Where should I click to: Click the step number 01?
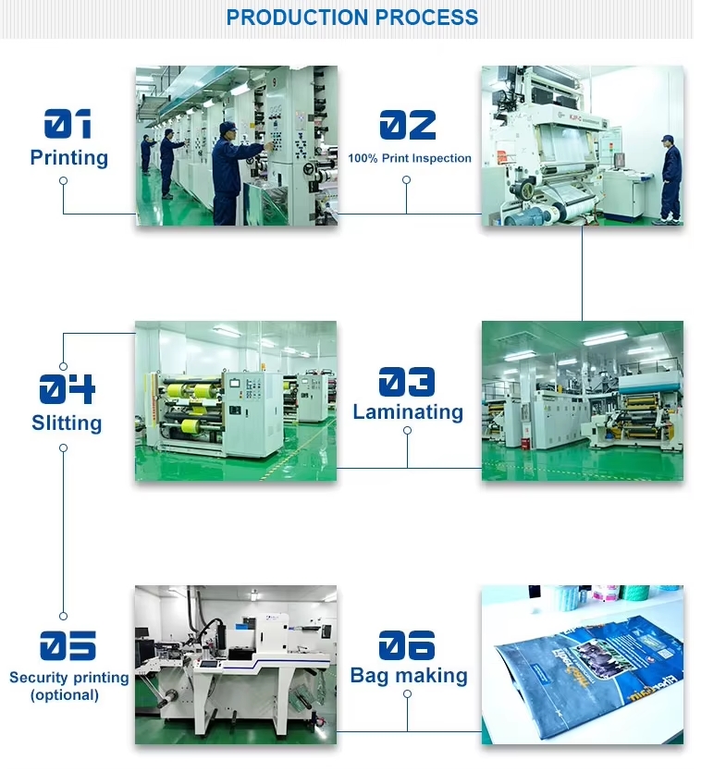click(x=68, y=124)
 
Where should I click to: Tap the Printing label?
click(x=69, y=157)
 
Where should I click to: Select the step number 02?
click(x=408, y=125)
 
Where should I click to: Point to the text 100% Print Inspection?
click(x=410, y=158)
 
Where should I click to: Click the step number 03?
click(x=407, y=382)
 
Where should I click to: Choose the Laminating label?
click(x=408, y=412)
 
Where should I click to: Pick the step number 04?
click(x=67, y=388)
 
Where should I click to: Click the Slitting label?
click(x=67, y=423)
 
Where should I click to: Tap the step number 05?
click(x=68, y=645)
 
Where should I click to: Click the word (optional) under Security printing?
click(x=65, y=695)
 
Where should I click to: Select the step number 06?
click(x=407, y=645)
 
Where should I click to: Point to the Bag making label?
click(x=409, y=676)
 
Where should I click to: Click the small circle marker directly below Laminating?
click(x=408, y=431)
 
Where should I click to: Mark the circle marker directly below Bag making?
click(x=408, y=694)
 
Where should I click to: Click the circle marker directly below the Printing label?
click(x=64, y=180)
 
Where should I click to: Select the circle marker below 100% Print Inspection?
click(x=407, y=180)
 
